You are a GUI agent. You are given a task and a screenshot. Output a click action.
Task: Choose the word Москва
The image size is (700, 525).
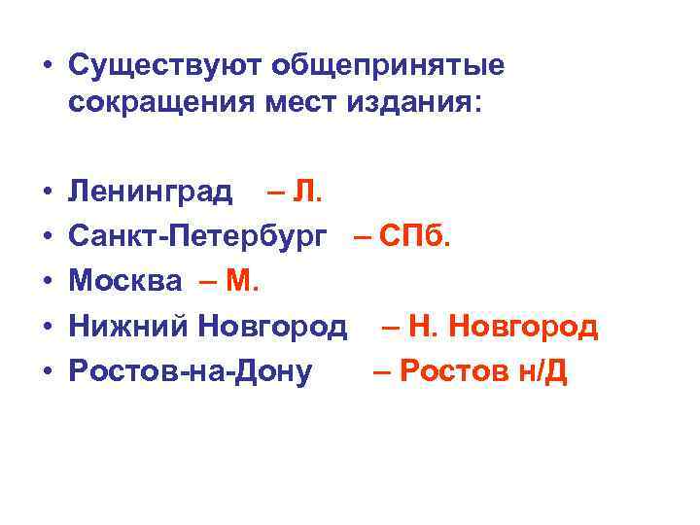coord(125,282)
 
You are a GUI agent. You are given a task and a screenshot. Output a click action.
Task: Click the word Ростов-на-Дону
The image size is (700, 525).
coord(191,371)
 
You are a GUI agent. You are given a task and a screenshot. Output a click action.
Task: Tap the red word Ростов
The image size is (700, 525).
coord(447,371)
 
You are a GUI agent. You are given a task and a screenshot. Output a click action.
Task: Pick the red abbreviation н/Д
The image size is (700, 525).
coord(541,371)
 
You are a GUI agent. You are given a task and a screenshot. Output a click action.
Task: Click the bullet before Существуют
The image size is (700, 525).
coord(46,67)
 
